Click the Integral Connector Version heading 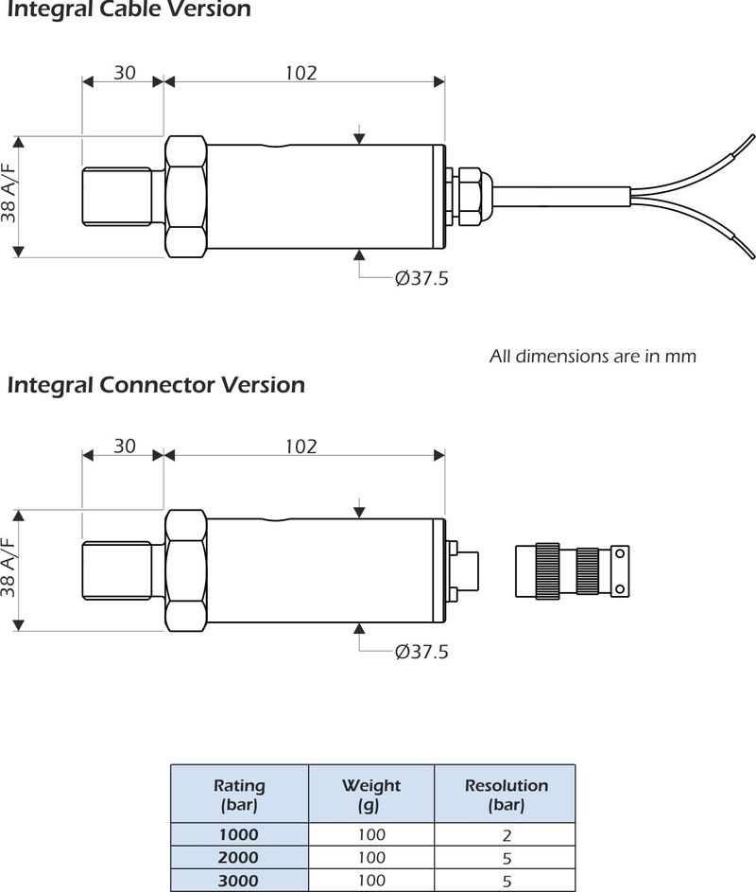(x=156, y=385)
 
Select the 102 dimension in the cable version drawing (x=301, y=73)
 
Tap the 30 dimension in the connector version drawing (x=125, y=446)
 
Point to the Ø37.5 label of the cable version (x=421, y=279)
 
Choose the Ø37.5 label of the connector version (x=421, y=652)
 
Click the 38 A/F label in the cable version (x=9, y=196)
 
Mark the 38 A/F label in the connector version (x=9, y=570)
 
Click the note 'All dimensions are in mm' (x=593, y=357)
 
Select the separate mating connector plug (x=571, y=570)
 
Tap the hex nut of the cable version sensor (x=185, y=197)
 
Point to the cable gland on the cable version (x=469, y=197)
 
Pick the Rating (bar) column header (x=239, y=795)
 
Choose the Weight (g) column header (x=371, y=795)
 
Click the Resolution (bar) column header (x=506, y=795)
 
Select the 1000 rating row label (x=239, y=834)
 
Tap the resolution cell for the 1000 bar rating (x=506, y=834)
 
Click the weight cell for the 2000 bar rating (x=371, y=857)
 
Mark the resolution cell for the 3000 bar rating (x=506, y=880)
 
